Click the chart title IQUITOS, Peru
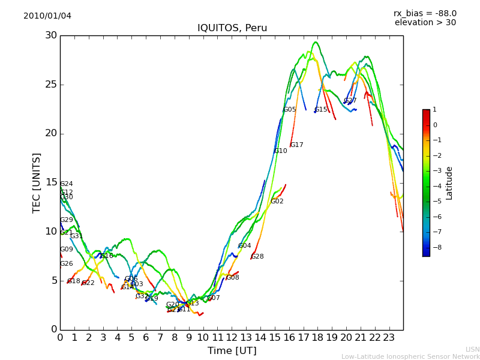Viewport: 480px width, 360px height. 232,28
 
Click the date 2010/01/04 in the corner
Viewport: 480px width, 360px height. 47,16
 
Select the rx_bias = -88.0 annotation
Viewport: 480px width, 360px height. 425,13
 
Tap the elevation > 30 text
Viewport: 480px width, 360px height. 425,23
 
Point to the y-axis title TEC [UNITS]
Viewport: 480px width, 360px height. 37,182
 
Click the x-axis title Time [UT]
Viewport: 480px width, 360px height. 232,350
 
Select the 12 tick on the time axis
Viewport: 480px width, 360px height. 232,337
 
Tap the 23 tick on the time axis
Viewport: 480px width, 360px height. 389,337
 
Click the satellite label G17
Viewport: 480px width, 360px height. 297,145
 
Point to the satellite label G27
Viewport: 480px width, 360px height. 350,101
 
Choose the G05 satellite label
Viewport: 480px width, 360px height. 290,110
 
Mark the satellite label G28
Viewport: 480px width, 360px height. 257,257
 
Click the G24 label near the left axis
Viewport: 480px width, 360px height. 67,184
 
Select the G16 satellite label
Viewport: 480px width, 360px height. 107,256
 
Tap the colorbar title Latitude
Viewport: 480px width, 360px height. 449,183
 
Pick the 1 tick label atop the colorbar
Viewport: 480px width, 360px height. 435,110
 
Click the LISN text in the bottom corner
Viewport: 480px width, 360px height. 473,349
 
